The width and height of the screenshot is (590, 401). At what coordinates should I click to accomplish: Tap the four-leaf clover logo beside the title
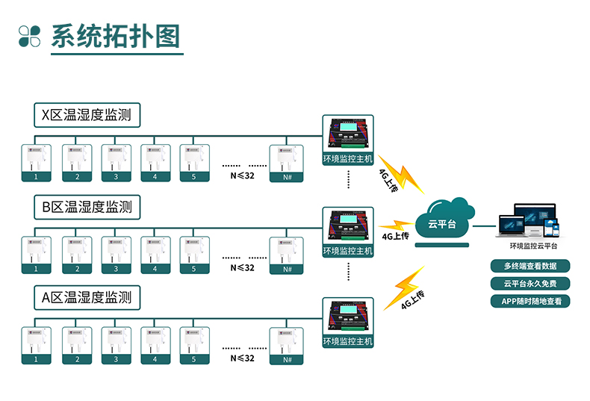[30, 36]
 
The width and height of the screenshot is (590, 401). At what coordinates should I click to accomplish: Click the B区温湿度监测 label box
[87, 206]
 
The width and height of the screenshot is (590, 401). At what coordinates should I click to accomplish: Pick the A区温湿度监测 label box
[87, 297]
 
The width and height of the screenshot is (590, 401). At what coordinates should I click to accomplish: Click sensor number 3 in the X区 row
[116, 163]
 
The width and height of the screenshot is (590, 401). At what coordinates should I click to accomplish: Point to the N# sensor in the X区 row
[287, 163]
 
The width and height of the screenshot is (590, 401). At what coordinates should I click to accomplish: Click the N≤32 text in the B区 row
[243, 267]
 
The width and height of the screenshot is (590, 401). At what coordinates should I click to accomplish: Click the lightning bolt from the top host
[400, 175]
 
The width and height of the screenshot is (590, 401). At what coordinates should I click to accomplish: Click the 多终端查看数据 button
[530, 266]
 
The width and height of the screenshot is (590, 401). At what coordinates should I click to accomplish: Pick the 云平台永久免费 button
[530, 284]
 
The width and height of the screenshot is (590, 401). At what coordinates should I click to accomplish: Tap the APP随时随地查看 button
[530, 302]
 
